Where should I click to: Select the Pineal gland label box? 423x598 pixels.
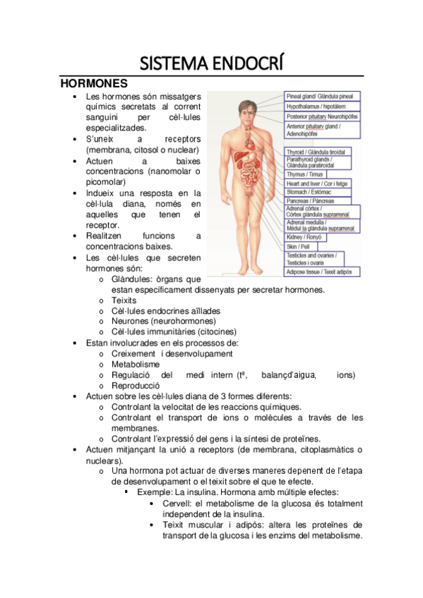(x=322, y=96)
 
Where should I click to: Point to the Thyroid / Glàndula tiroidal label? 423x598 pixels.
(x=315, y=152)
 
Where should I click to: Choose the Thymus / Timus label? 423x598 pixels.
(x=305, y=173)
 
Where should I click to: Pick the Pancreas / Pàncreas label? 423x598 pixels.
(x=310, y=201)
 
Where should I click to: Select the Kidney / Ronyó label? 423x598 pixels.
(x=304, y=238)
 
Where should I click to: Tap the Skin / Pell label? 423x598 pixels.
(x=297, y=247)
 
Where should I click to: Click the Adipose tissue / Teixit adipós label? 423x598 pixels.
(x=318, y=271)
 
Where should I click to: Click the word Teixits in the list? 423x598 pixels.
(x=124, y=300)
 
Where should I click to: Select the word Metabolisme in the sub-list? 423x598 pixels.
(x=135, y=364)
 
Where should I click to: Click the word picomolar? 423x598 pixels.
(x=108, y=181)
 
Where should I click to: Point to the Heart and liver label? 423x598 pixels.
(x=316, y=183)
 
